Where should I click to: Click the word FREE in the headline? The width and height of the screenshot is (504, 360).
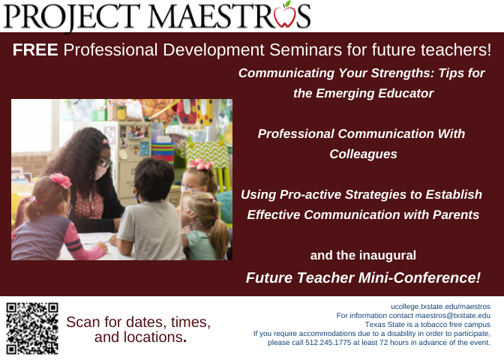(35, 51)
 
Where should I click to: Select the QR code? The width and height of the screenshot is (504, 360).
(32, 327)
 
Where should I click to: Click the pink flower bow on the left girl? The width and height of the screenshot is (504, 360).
(59, 181)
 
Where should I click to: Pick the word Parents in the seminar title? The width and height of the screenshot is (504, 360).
(457, 214)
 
